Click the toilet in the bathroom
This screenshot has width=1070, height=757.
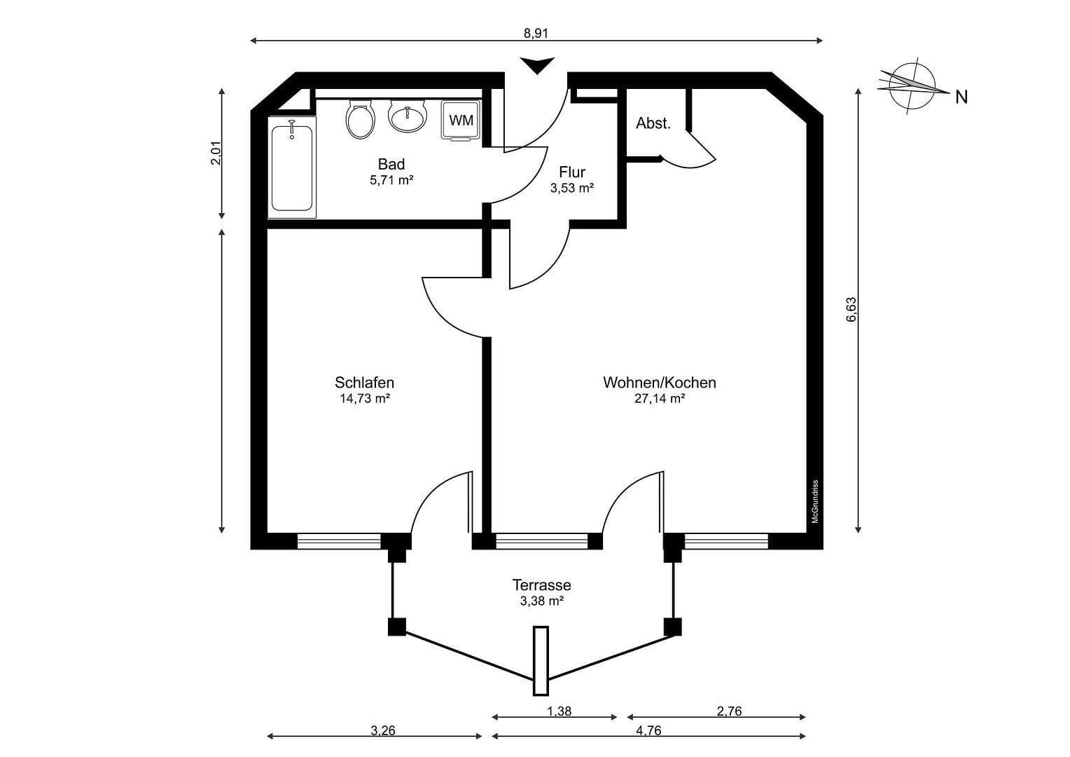pyautogui.click(x=360, y=119)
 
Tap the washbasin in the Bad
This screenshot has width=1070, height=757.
pyautogui.click(x=408, y=115)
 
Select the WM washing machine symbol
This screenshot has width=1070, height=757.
pyautogui.click(x=461, y=120)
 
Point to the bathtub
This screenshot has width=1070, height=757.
pyautogui.click(x=292, y=167)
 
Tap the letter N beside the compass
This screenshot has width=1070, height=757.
pyautogui.click(x=961, y=97)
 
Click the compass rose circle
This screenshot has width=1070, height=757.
pyautogui.click(x=912, y=88)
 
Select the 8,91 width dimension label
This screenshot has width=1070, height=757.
pyautogui.click(x=536, y=33)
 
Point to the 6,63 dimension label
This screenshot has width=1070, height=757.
pyautogui.click(x=852, y=310)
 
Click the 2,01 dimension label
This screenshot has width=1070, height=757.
pyautogui.click(x=216, y=153)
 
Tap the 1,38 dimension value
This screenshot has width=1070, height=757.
pyautogui.click(x=559, y=711)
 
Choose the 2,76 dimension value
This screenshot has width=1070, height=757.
pyautogui.click(x=729, y=711)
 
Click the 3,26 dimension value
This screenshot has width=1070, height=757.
pyautogui.click(x=382, y=730)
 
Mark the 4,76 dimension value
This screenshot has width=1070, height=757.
pyautogui.click(x=648, y=730)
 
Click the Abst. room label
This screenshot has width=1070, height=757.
pyautogui.click(x=653, y=123)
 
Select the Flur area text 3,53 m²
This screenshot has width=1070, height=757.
pyautogui.click(x=572, y=188)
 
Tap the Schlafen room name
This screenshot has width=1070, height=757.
pyautogui.click(x=364, y=383)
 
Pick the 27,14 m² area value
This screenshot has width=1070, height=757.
pyautogui.click(x=660, y=398)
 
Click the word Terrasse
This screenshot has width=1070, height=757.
pyautogui.click(x=542, y=585)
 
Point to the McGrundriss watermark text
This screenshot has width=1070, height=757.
pyautogui.click(x=815, y=502)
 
